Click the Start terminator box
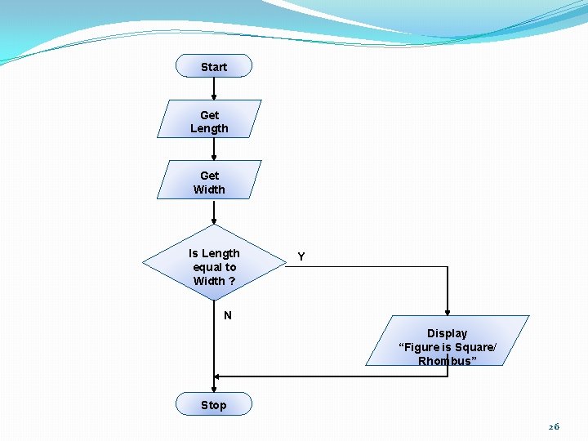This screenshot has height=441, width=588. [214, 66]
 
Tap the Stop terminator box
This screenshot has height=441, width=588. [214, 404]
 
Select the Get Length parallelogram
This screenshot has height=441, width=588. [209, 121]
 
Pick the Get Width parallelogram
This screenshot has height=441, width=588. [209, 181]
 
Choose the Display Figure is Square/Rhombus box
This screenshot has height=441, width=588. [447, 340]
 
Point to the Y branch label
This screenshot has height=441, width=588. [301, 256]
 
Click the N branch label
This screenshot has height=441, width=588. [228, 315]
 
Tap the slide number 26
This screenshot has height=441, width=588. [554, 426]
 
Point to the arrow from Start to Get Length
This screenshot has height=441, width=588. [214, 88]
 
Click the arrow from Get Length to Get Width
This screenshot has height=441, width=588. [214, 149]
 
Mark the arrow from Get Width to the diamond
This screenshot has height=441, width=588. [214, 212]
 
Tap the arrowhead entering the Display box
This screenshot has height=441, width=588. [448, 311]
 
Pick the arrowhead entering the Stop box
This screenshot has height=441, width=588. [214, 389]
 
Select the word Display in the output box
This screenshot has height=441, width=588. [447, 333]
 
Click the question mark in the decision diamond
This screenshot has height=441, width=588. [232, 281]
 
